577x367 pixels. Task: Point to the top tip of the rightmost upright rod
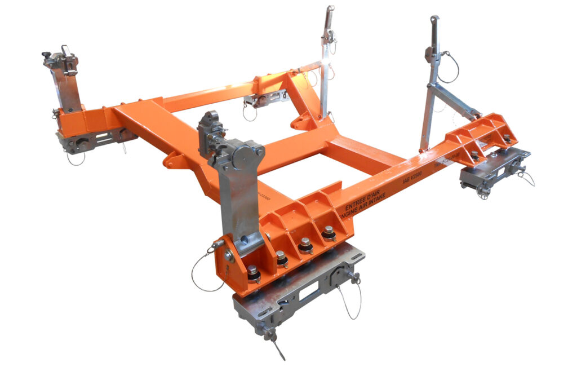(x=434, y=19)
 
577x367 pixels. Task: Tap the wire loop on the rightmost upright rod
(x=450, y=67)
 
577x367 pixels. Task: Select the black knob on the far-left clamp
(x=46, y=55)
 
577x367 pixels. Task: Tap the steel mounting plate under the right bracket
(x=494, y=167)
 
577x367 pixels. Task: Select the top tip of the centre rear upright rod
(x=330, y=9)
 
